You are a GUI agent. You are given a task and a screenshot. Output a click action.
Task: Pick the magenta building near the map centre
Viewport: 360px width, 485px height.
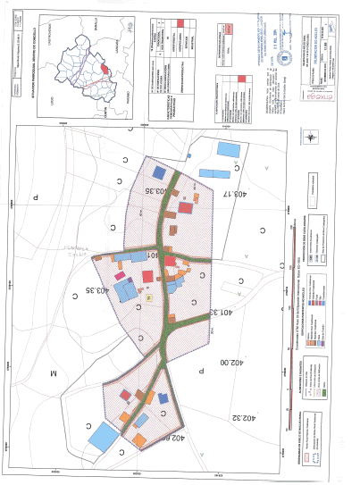[169, 260]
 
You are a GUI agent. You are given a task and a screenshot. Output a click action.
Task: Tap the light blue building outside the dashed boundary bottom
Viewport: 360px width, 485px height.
[104, 436]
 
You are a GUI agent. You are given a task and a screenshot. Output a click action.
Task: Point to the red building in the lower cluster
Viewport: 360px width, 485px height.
[127, 394]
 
